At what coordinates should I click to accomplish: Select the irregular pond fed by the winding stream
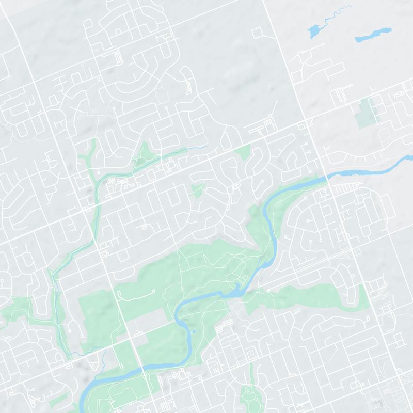[313, 31]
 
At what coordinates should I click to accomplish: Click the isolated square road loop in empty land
[257, 33]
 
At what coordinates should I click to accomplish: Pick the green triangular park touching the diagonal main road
[243, 152]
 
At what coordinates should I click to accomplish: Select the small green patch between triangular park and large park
[198, 190]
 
